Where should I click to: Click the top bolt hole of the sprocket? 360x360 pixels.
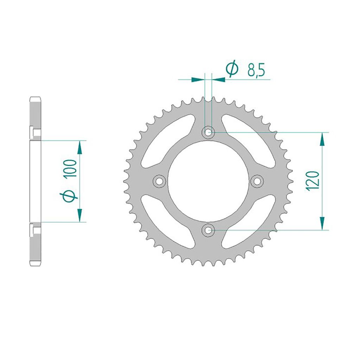tap(208, 132)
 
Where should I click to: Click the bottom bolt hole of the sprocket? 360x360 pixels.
tap(208, 230)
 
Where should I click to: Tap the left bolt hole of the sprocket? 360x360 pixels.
tap(159, 181)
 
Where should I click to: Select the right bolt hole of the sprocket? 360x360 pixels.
tap(257, 181)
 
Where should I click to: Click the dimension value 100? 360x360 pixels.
tap(70, 169)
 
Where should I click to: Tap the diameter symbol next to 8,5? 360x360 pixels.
tap(232, 69)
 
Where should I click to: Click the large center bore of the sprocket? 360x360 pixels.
tap(208, 181)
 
